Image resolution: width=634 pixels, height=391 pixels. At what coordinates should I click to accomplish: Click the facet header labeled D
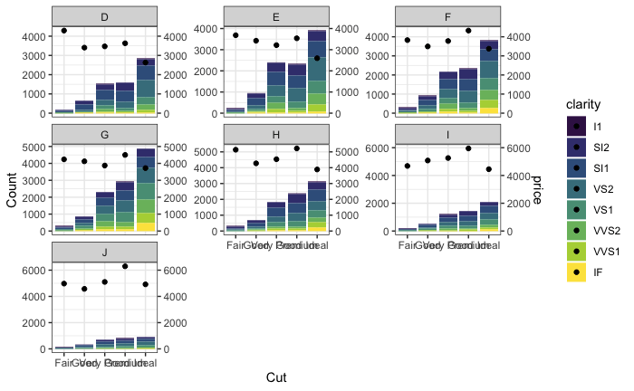coord(104,17)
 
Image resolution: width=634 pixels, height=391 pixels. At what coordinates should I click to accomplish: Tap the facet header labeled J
coord(104,253)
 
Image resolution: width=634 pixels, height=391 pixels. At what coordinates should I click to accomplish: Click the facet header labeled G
coord(104,135)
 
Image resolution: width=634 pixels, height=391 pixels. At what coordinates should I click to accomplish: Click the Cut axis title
coord(276,377)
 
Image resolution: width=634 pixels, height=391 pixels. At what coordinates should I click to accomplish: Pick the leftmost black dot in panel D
coord(64,31)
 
